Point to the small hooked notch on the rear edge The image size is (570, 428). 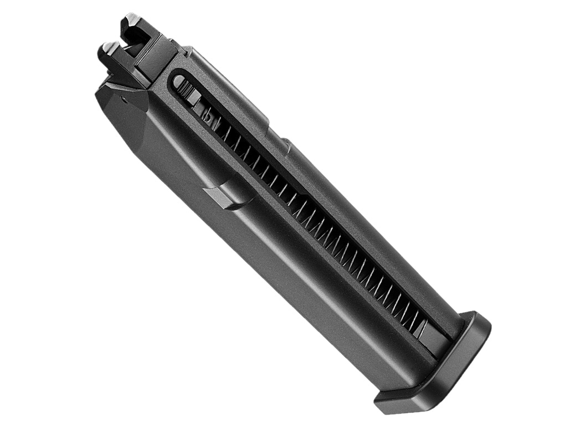pyautogui.click(x=286, y=145)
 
